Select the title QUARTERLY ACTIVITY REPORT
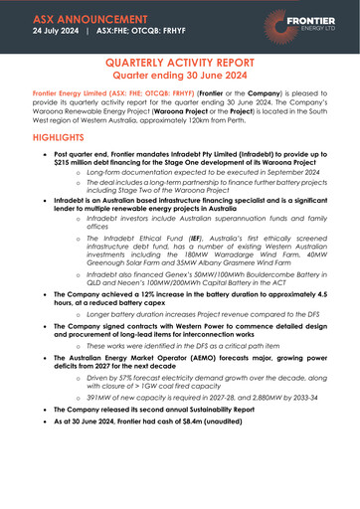180,63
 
